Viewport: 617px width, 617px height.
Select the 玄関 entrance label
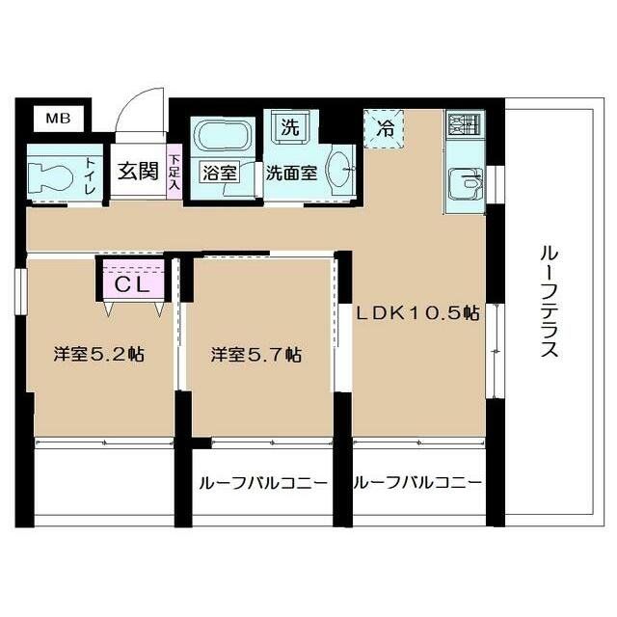tap(137, 172)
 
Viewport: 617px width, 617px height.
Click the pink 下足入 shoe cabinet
tap(174, 172)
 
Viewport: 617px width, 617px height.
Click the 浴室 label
tap(219, 174)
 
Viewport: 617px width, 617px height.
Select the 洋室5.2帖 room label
tap(98, 355)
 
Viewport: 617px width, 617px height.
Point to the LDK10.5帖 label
tap(418, 313)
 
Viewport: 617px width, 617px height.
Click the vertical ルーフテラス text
tap(549, 301)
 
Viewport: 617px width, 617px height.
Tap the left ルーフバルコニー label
tap(261, 483)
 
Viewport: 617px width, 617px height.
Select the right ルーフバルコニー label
tap(417, 483)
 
